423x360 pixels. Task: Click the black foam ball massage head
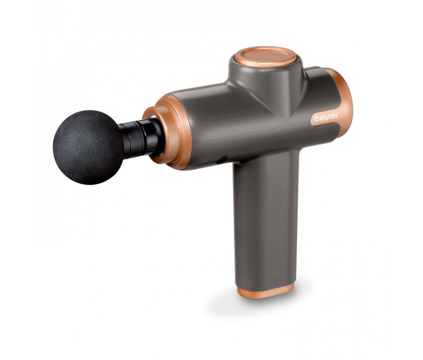pyautogui.click(x=88, y=147)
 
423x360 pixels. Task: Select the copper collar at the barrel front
pyautogui.click(x=168, y=132)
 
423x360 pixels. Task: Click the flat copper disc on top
pyautogui.click(x=265, y=57)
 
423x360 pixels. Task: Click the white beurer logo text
pyautogui.click(x=326, y=117)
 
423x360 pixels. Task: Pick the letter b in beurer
pyautogui.click(x=316, y=118)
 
